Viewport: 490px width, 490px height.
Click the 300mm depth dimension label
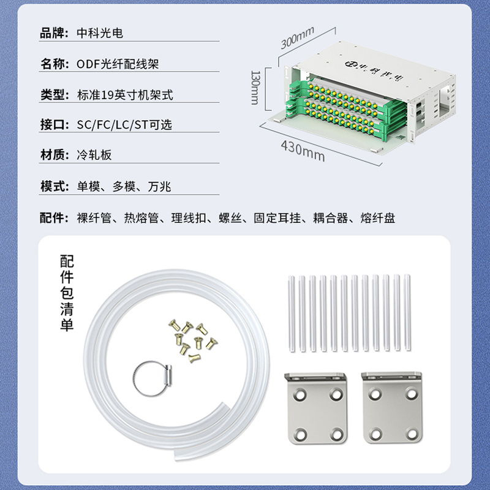(297, 38)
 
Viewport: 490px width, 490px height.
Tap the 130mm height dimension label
(255, 88)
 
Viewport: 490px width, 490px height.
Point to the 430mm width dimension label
(303, 151)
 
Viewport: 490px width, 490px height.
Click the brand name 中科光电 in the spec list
(100, 33)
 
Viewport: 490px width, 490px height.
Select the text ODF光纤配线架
(118, 64)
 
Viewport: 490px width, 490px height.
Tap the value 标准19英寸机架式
(125, 95)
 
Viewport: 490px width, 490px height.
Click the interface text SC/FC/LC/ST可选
(124, 125)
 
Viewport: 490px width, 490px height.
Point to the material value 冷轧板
(94, 155)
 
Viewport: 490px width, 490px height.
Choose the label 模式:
(55, 187)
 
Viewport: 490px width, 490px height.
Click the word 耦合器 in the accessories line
(331, 218)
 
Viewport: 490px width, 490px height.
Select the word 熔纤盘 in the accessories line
(378, 218)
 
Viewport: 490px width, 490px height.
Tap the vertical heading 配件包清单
(67, 293)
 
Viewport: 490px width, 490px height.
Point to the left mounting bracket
(316, 408)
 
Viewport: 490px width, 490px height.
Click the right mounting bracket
(392, 407)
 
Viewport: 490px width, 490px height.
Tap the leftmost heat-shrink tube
(292, 314)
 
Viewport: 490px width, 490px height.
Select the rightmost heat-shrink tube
(407, 312)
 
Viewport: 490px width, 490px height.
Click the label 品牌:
(54, 33)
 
